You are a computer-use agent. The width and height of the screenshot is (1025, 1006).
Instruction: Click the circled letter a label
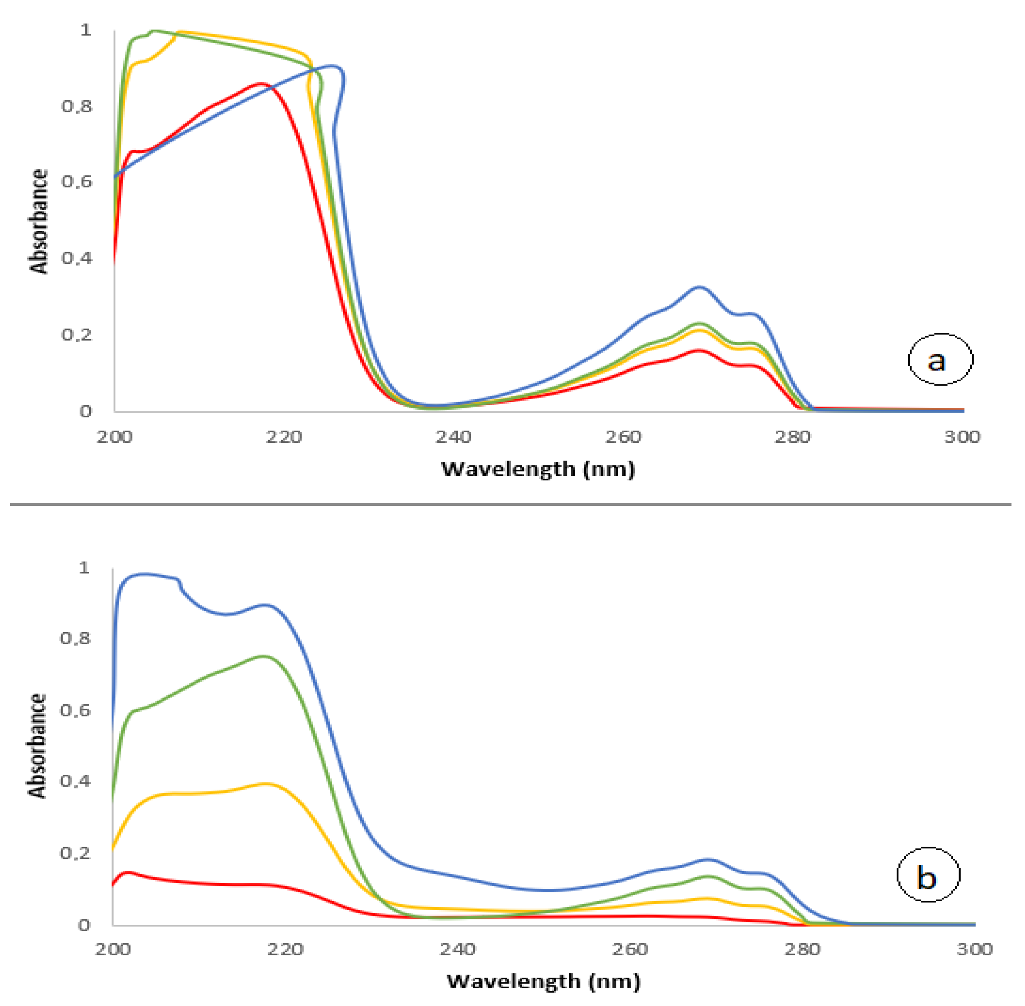pyautogui.click(x=940, y=359)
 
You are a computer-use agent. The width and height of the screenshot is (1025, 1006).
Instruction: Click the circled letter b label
pyautogui.click(x=928, y=875)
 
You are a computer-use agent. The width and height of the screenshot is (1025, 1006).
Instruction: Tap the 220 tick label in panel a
pyautogui.click(x=284, y=437)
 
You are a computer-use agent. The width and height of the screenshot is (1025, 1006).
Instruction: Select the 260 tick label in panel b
pyautogui.click(x=630, y=949)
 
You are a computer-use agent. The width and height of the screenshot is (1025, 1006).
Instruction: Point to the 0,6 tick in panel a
pyautogui.click(x=77, y=181)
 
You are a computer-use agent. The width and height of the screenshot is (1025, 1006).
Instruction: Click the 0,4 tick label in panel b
pyautogui.click(x=75, y=781)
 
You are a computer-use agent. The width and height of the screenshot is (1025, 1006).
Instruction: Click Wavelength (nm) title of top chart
pyautogui.click(x=538, y=469)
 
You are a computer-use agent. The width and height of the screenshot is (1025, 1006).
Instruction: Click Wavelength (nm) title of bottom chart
pyautogui.click(x=543, y=981)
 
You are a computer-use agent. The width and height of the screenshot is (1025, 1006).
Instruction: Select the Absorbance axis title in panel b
pyautogui.click(x=37, y=746)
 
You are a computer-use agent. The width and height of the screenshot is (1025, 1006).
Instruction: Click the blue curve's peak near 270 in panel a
pyautogui.click(x=700, y=287)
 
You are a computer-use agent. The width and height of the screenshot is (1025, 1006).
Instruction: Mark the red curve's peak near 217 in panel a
pyautogui.click(x=260, y=84)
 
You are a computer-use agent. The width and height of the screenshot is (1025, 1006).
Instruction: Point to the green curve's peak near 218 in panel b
pyautogui.click(x=264, y=656)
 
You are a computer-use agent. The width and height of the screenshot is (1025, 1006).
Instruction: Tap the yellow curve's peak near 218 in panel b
pyautogui.click(x=267, y=784)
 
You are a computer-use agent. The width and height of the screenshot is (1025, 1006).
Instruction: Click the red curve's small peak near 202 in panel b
pyautogui.click(x=127, y=872)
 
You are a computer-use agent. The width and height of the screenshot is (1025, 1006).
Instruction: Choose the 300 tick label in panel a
pyautogui.click(x=962, y=437)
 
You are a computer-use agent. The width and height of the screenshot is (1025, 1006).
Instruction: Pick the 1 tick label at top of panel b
pyautogui.click(x=84, y=568)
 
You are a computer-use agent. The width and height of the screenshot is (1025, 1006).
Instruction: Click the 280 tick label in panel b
pyautogui.click(x=802, y=949)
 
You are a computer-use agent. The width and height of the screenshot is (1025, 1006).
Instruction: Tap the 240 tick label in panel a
pyautogui.click(x=453, y=437)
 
